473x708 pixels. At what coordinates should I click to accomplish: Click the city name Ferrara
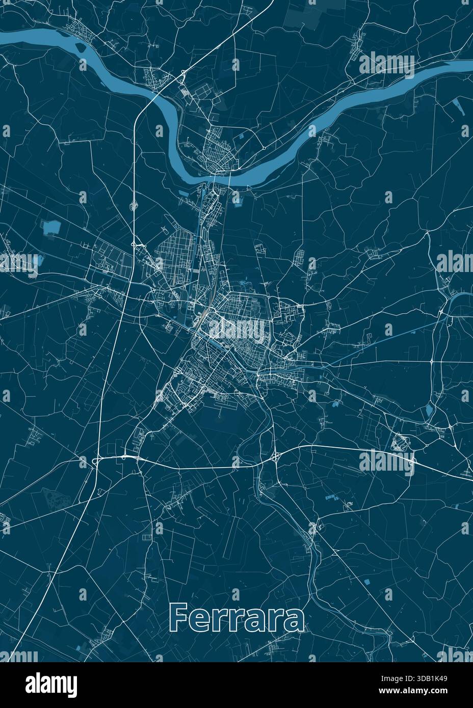pyautogui.click(x=236, y=617)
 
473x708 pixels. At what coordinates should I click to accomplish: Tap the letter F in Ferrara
pyautogui.click(x=177, y=617)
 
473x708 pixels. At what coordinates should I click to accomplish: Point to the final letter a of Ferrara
pyautogui.click(x=294, y=619)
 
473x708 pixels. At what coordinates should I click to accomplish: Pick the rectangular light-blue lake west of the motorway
pyautogui.click(x=50, y=227)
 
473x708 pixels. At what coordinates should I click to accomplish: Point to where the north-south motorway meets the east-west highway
pyautogui.click(x=96, y=460)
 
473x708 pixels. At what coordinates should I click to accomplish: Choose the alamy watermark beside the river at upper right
pyautogui.click(x=387, y=65)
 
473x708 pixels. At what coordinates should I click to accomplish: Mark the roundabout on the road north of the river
pyautogui.click(x=264, y=148)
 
